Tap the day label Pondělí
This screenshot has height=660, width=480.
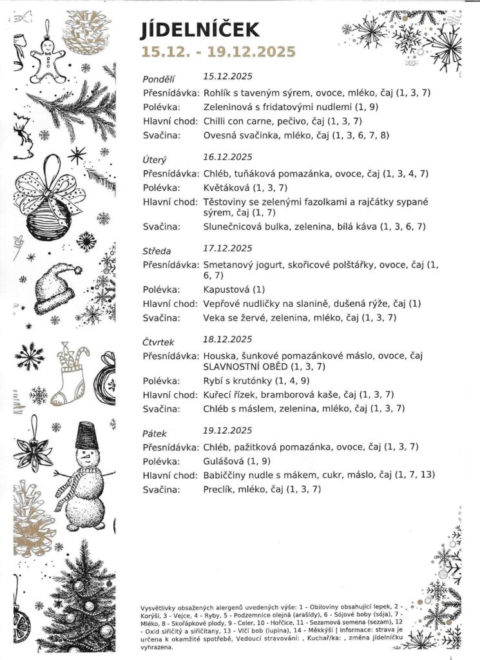(158, 79)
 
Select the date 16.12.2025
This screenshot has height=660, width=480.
(227, 157)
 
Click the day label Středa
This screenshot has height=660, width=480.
(156, 248)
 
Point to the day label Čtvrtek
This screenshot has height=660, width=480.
(158, 340)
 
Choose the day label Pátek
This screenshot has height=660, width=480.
(154, 431)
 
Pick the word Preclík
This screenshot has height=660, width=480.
(217, 489)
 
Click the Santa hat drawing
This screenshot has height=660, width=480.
(57, 287)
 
